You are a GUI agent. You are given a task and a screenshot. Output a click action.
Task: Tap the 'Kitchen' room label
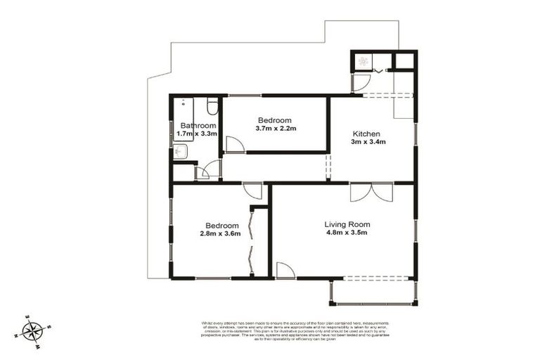366,134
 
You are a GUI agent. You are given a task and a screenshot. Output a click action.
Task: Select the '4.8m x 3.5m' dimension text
347,234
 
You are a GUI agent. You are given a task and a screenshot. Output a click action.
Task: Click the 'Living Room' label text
347,224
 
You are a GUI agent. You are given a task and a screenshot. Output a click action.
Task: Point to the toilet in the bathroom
212,107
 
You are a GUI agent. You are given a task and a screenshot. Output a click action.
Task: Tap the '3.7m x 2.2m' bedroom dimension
276,129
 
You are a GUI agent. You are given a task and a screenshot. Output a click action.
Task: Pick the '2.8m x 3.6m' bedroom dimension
219,234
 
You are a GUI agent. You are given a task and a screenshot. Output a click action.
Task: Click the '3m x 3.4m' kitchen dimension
366,143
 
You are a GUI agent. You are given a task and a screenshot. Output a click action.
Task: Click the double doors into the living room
371,191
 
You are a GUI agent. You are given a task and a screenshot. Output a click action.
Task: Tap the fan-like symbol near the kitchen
364,61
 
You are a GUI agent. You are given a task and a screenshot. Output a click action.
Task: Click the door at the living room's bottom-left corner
285,270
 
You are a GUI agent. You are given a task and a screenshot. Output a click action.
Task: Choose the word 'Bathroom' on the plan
198,125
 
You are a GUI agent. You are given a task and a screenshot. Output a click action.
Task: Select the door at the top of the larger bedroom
252,191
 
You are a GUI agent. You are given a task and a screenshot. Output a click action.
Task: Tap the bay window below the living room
373,292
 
